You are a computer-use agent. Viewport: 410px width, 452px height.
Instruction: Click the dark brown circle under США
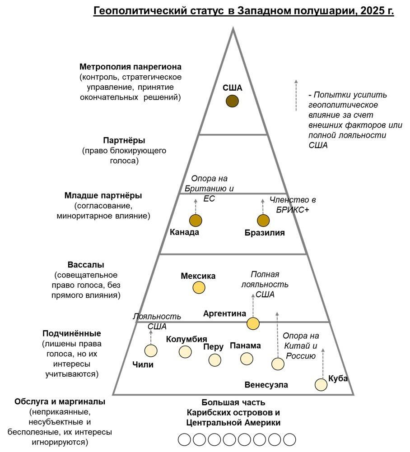pyautogui.click(x=232, y=101)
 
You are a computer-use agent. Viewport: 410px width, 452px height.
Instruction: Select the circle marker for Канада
pyautogui.click(x=196, y=221)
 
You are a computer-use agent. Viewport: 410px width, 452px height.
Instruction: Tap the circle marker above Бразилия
pyautogui.click(x=263, y=221)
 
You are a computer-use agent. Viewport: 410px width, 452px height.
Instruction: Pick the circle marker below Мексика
pyautogui.click(x=199, y=287)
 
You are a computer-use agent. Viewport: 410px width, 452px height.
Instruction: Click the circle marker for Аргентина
pyautogui.click(x=253, y=323)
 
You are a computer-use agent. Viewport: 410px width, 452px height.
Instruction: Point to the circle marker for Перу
pyautogui.click(x=215, y=360)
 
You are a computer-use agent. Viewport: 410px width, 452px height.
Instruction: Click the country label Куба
pyautogui.click(x=338, y=378)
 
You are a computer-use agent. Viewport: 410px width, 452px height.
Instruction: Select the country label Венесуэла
pyautogui.click(x=266, y=385)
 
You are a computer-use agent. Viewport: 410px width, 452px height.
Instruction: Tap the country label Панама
pyautogui.click(x=245, y=346)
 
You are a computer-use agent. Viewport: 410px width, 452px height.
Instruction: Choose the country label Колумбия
pyautogui.click(x=186, y=339)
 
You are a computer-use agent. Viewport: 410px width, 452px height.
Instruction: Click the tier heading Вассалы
pyautogui.click(x=85, y=264)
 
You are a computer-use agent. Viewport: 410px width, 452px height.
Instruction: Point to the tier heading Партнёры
pyautogui.click(x=124, y=140)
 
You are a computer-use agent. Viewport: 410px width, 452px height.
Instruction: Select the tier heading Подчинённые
pyautogui.click(x=71, y=333)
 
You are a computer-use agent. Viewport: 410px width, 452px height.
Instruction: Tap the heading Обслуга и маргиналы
pyautogui.click(x=60, y=401)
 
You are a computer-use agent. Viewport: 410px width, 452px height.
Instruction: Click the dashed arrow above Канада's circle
pyautogui.click(x=196, y=206)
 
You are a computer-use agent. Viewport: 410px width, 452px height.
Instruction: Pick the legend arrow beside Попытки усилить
pyautogui.click(x=296, y=95)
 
